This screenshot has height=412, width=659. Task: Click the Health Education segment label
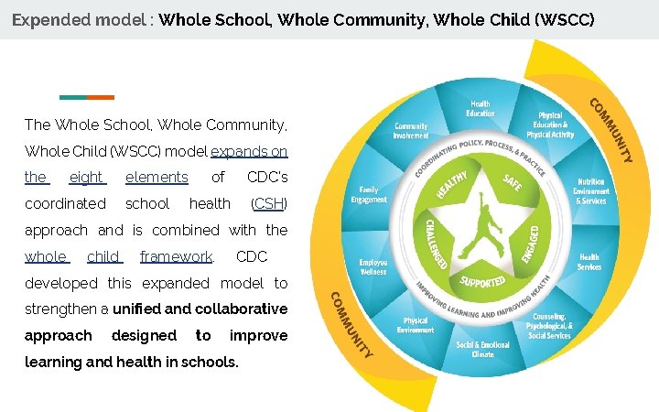coord(480,108)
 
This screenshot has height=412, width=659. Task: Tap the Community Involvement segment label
coord(411,131)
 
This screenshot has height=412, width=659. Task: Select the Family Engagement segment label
coord(369,194)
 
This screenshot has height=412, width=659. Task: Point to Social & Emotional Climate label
coord(482,349)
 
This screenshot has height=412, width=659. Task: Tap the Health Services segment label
coord(589,262)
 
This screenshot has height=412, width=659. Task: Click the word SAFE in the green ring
coord(512,183)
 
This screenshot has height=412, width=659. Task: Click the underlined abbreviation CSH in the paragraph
coord(268,203)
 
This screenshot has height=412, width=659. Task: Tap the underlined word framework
coord(177,257)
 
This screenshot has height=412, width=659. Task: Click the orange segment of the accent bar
coord(101,97)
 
